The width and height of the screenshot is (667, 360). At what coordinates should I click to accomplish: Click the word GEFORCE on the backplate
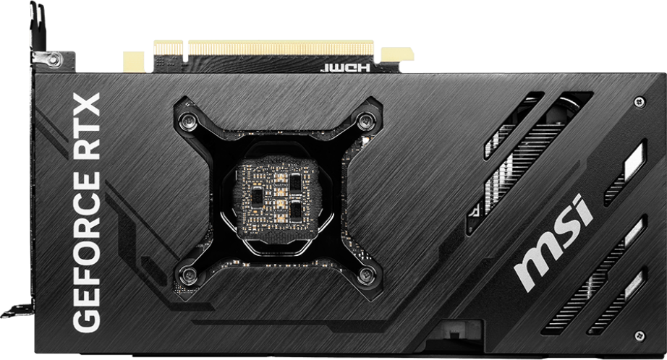point(87,252)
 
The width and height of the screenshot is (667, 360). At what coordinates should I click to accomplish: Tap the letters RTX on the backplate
point(87,127)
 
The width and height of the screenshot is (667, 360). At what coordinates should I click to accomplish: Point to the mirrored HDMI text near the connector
point(345,67)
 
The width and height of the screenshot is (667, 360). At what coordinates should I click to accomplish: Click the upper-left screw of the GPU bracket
point(187,122)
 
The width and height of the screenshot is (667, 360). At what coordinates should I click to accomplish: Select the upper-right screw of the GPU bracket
point(365,121)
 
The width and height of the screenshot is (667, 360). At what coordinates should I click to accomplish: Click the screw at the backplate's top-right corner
point(640,102)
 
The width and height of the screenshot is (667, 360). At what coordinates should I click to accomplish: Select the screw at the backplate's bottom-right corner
point(639,335)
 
